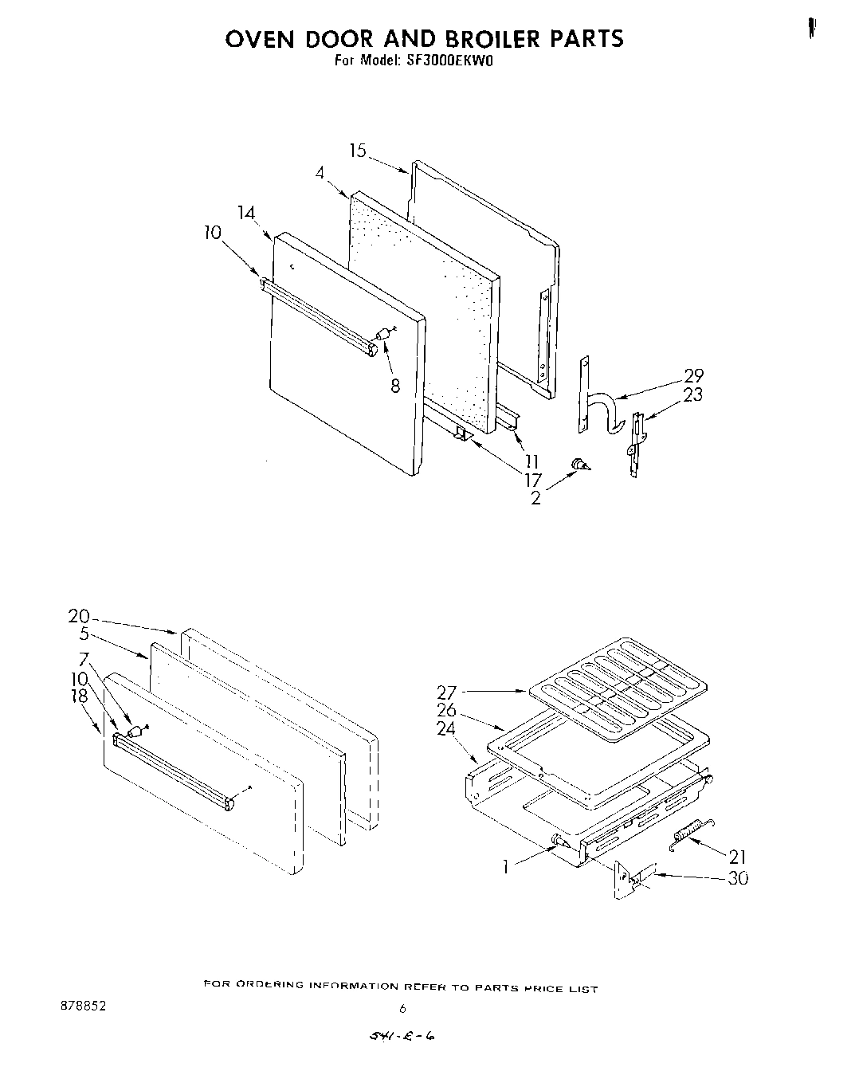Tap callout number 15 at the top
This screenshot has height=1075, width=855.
click(x=358, y=150)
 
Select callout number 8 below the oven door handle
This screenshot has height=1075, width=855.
click(x=394, y=386)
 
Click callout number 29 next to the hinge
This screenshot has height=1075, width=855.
click(x=693, y=376)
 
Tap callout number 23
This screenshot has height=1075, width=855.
click(x=693, y=394)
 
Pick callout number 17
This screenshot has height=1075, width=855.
click(x=532, y=479)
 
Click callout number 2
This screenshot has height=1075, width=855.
click(x=535, y=498)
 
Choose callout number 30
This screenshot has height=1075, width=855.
click(x=738, y=878)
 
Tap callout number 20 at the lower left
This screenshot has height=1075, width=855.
click(x=79, y=616)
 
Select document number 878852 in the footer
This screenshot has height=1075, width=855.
click(x=82, y=1006)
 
